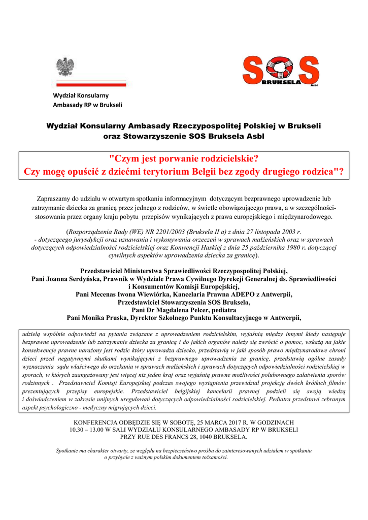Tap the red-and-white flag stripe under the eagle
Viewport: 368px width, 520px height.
tap(91, 82)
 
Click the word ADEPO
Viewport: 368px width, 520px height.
tap(237, 294)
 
